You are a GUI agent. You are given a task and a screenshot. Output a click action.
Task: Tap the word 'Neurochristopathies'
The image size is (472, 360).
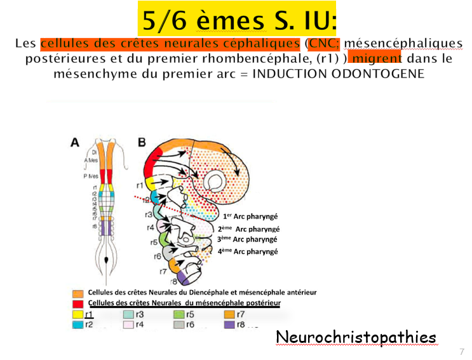tap(356, 337)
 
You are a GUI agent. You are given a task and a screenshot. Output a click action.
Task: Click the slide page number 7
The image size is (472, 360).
tap(462, 351)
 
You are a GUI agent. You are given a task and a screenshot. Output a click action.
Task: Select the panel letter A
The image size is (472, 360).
tap(75, 143)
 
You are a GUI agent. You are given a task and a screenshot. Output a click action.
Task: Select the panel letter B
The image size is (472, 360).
tap(142, 143)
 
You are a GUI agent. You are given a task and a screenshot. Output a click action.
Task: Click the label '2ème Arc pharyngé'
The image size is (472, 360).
tap(248, 229)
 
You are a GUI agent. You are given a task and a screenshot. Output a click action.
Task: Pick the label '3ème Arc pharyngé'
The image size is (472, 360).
tap(247, 239)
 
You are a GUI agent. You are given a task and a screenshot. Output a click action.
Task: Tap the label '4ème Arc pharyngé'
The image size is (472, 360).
tap(247, 251)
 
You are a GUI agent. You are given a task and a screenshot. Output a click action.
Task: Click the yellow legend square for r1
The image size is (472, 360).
tap(78, 314)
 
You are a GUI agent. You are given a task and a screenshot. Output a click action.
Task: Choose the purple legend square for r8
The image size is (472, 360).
tap(230, 324)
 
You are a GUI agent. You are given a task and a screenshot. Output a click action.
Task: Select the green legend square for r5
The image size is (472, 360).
tap(179, 314)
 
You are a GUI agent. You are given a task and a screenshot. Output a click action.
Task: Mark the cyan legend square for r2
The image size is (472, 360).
tap(78, 324)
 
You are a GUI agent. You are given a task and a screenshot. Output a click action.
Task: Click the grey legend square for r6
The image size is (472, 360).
tap(179, 324)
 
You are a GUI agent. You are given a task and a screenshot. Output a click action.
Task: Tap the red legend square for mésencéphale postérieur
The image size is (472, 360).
tap(78, 303)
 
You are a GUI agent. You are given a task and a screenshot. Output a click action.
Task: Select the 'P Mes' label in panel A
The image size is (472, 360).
tap(91, 176)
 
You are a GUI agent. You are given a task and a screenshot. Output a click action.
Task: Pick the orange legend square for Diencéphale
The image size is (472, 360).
tap(78, 293)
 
